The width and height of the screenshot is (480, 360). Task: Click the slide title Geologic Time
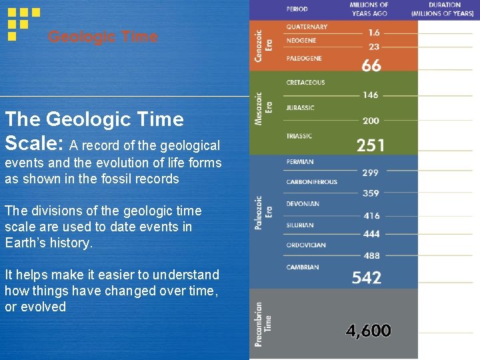[x=103, y=37]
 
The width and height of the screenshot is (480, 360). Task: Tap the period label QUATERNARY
[x=307, y=27]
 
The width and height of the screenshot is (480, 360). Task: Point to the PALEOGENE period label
[x=304, y=58]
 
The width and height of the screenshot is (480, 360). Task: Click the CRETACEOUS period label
[x=305, y=83]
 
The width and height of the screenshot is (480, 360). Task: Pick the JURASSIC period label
[x=300, y=107]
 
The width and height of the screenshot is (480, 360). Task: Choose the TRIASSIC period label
[x=299, y=136]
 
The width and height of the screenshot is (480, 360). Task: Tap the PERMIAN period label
[x=299, y=162]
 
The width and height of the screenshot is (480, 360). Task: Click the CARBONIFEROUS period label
[x=311, y=182]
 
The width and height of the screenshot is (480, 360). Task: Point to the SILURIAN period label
[x=300, y=225]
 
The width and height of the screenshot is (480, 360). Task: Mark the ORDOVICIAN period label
[x=306, y=245]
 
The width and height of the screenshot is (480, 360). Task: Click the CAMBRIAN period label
[x=303, y=267]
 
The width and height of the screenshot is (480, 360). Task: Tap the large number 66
[x=371, y=65]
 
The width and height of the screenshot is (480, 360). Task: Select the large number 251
[x=370, y=145]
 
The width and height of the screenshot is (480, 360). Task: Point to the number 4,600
[x=369, y=330]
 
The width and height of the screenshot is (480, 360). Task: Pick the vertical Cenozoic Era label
[x=263, y=45]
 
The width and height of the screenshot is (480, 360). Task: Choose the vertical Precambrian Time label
[x=263, y=323]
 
